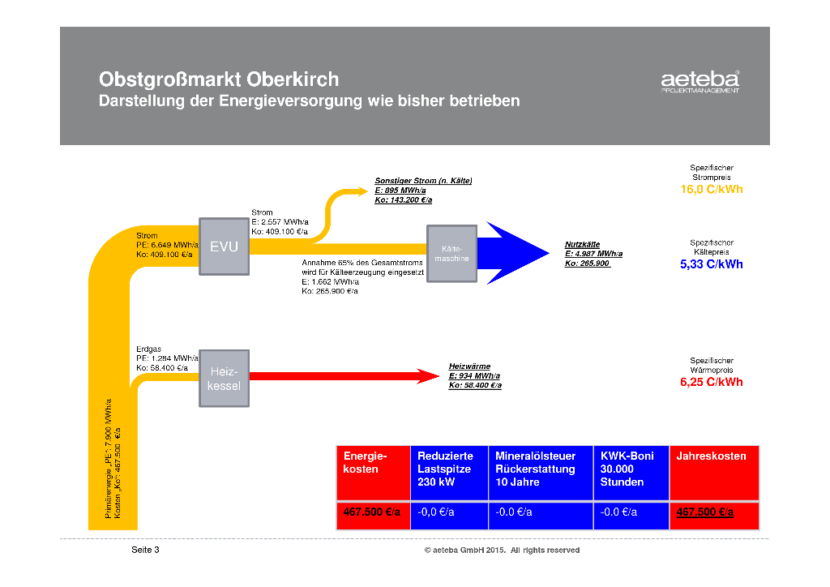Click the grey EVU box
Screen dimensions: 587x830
click(224, 246)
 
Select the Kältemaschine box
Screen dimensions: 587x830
click(451, 253)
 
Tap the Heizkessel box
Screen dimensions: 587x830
click(224, 379)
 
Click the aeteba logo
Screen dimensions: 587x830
click(700, 82)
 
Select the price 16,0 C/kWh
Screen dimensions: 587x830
click(711, 190)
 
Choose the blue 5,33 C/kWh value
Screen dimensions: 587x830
click(711, 264)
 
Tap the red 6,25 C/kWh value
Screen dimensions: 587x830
click(711, 382)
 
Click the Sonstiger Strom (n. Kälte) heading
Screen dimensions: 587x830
click(423, 181)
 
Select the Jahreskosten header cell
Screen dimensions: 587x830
click(713, 473)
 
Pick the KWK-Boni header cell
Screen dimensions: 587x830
click(631, 473)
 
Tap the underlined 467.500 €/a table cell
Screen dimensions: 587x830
click(704, 512)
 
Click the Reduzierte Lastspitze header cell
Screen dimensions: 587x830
click(449, 473)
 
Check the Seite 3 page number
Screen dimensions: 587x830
click(146, 551)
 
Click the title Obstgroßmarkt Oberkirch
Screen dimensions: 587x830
click(219, 80)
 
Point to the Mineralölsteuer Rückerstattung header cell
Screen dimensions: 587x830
click(540, 473)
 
